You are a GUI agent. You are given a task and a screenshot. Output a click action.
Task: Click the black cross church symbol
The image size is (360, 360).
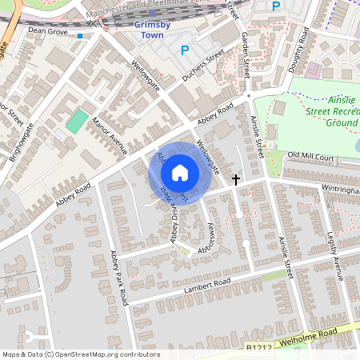[236, 180]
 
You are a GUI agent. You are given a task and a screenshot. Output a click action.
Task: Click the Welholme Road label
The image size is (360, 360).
[316, 337]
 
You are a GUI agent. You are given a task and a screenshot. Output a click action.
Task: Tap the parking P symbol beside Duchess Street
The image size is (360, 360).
[185, 50]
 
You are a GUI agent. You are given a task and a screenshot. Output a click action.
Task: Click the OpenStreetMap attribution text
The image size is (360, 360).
[80, 354]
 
